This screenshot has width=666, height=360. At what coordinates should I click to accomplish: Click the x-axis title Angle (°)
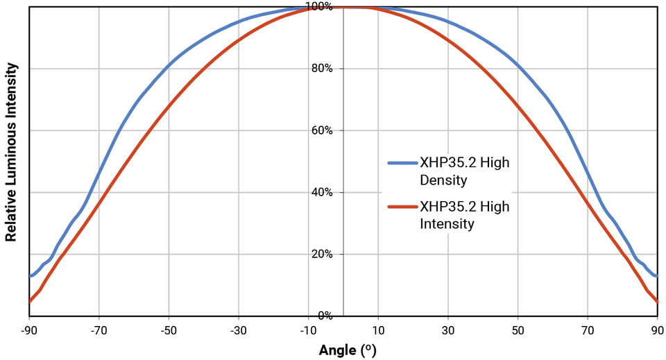click(347, 350)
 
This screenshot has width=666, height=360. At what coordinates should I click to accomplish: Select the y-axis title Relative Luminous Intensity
click(11, 152)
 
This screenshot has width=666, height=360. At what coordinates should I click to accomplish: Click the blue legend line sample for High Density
click(402, 164)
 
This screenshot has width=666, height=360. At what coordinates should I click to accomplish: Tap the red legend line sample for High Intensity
click(402, 207)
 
